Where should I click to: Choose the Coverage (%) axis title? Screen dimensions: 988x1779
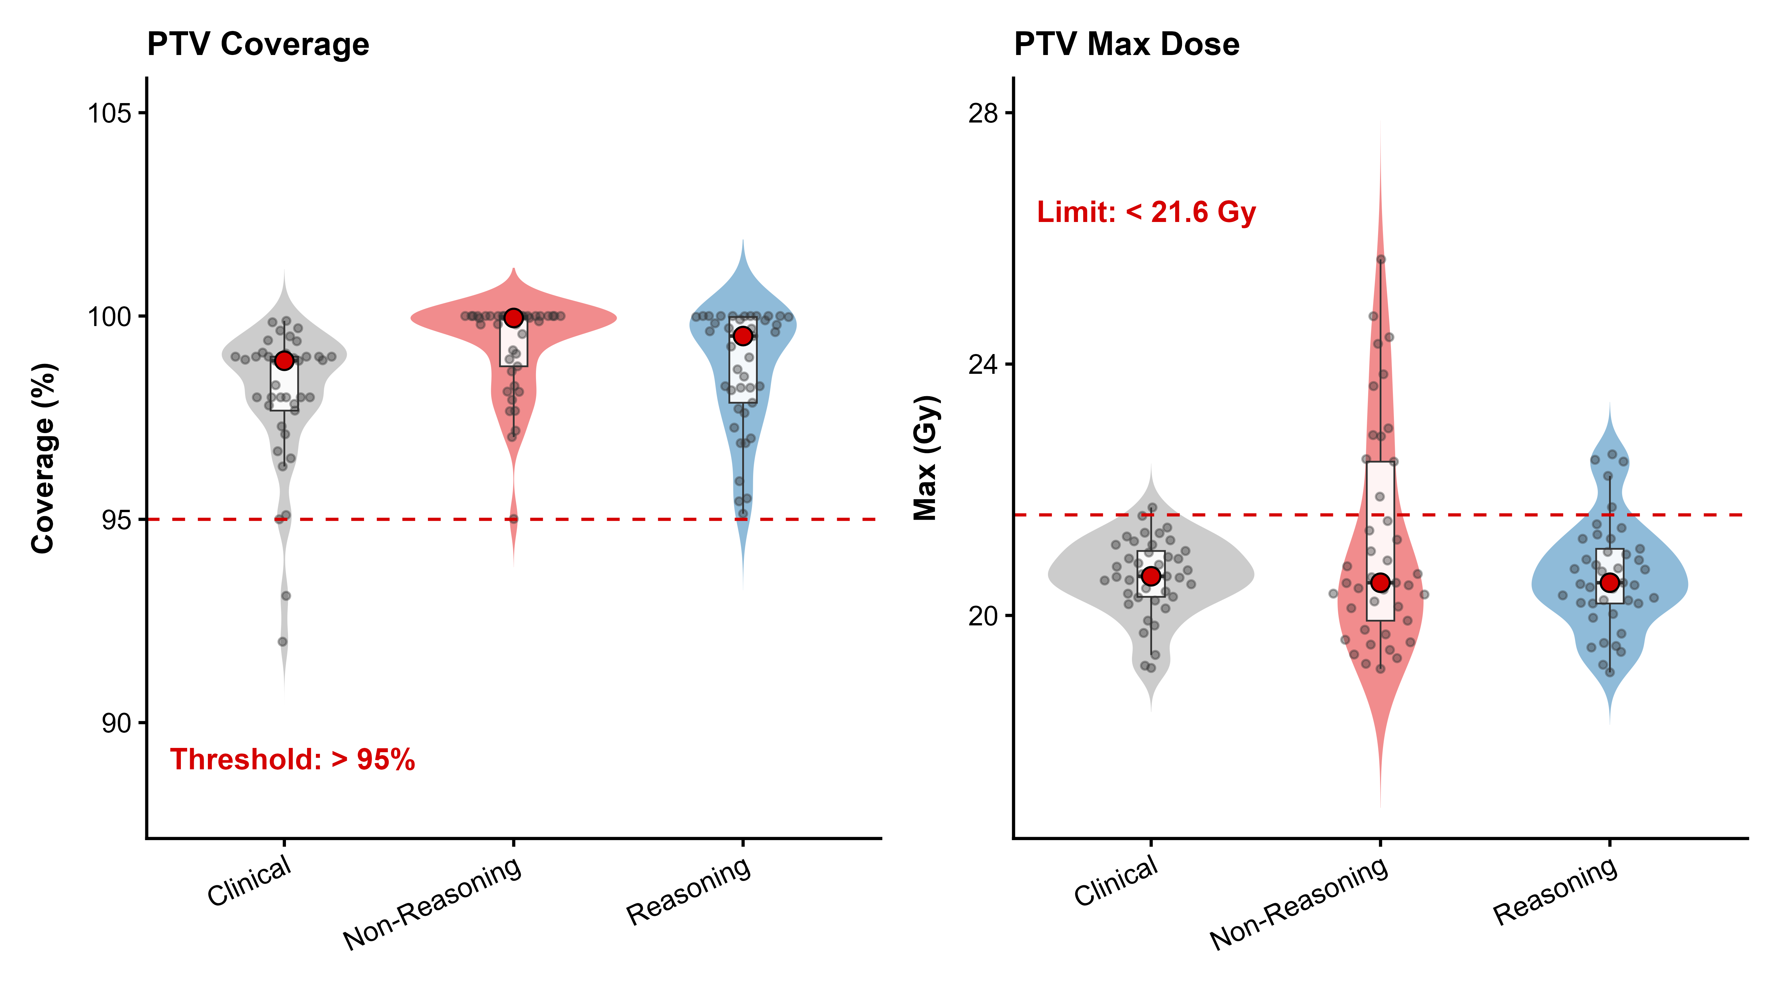point(43,458)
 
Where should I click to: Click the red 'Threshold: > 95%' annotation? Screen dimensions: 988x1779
point(292,759)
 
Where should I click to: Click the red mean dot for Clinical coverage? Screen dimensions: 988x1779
point(284,360)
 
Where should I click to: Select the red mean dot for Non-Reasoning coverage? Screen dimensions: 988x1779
point(513,317)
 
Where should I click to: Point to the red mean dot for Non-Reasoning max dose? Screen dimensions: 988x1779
point(1380,583)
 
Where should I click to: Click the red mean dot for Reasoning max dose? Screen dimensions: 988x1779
point(1609,583)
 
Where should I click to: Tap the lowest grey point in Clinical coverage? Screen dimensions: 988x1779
point(282,642)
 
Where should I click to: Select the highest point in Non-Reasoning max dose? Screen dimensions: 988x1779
point(1380,260)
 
